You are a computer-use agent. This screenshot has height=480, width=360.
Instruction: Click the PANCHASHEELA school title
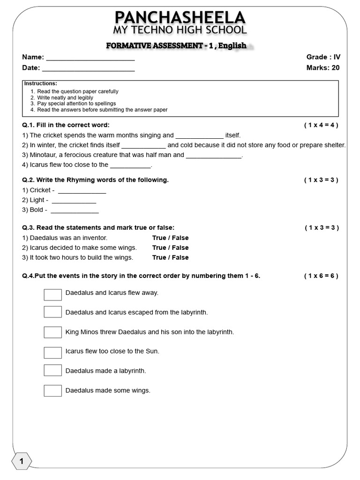point(180,18)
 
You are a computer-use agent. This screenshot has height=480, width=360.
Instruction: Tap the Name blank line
point(90,60)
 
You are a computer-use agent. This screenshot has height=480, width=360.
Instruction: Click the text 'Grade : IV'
point(323,57)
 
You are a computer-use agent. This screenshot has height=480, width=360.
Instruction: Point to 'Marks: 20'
point(322,67)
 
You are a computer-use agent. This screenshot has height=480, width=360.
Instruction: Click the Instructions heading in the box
point(41,83)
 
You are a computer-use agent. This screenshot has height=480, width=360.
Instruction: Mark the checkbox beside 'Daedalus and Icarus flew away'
point(53,294)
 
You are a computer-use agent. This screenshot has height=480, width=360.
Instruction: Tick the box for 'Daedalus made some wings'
point(53,390)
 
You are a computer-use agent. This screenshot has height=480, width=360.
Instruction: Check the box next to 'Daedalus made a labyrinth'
point(53,370)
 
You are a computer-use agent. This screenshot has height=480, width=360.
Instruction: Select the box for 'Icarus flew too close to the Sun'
point(53,352)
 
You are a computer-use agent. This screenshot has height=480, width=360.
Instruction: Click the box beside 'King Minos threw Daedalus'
point(53,332)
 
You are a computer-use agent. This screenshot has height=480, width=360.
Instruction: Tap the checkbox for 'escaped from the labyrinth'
point(53,312)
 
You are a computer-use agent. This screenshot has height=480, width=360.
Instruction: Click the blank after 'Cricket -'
point(82,192)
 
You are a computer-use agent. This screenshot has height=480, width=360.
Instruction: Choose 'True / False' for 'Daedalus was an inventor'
point(170,238)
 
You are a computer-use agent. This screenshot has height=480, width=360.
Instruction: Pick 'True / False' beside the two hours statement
point(170,257)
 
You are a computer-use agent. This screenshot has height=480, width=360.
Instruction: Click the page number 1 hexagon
point(21,462)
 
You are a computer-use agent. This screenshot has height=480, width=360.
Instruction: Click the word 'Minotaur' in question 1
point(43,155)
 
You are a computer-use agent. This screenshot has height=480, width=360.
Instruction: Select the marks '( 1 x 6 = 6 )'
point(321,276)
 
